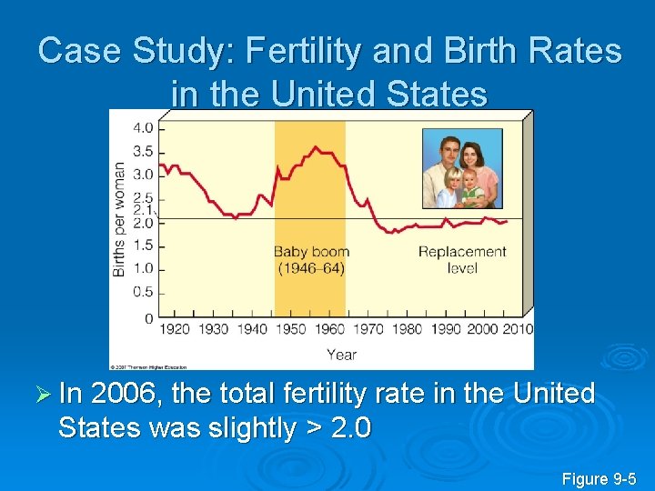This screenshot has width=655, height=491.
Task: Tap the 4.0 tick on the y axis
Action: coord(144,126)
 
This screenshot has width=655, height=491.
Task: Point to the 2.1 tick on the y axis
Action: coord(144,209)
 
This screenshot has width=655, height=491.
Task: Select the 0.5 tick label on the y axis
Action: coord(144,292)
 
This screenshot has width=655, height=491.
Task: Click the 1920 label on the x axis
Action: coord(175,329)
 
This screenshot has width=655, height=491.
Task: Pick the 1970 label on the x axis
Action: coord(369,329)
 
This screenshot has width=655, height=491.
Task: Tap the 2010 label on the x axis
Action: coord(517,329)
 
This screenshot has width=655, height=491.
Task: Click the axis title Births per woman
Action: coord(119,219)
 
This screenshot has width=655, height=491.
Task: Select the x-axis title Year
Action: coord(341,354)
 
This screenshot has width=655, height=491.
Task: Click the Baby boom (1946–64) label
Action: coord(309,260)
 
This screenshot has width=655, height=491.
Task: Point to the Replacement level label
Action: coord(462,260)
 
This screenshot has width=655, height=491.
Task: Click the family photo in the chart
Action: coord(462,168)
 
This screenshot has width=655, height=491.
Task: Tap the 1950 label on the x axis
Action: coord(291,329)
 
